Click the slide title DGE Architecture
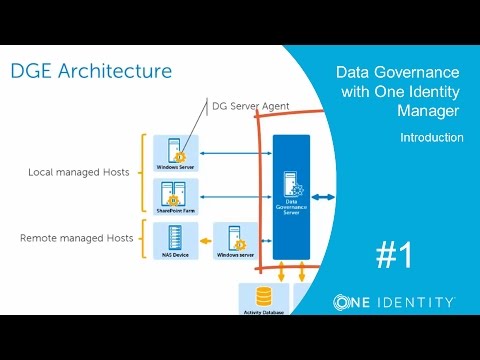click(90, 71)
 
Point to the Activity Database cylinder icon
click(265, 298)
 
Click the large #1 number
click(394, 257)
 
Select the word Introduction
click(430, 138)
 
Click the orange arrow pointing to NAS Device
click(205, 240)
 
